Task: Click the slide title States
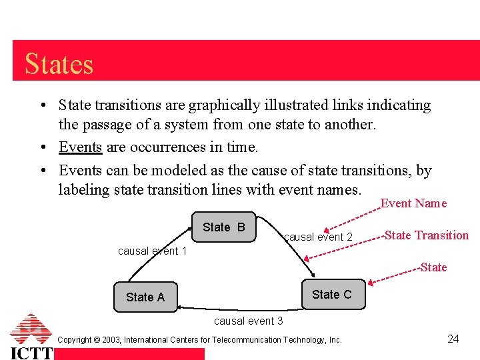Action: pos(59,64)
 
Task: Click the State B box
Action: pos(223,227)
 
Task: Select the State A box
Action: pos(145,297)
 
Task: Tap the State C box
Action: pos(331,295)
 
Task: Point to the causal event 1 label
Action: pos(152,251)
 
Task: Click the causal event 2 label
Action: pos(318,237)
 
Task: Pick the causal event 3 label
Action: pos(248,321)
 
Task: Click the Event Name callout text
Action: pos(413,203)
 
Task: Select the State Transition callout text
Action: pos(427,235)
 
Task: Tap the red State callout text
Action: pos(433,267)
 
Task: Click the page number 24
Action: pos(453,339)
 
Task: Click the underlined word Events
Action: pos(80,147)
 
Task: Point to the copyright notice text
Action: pos(200,340)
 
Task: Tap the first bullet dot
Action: pos(42,106)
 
